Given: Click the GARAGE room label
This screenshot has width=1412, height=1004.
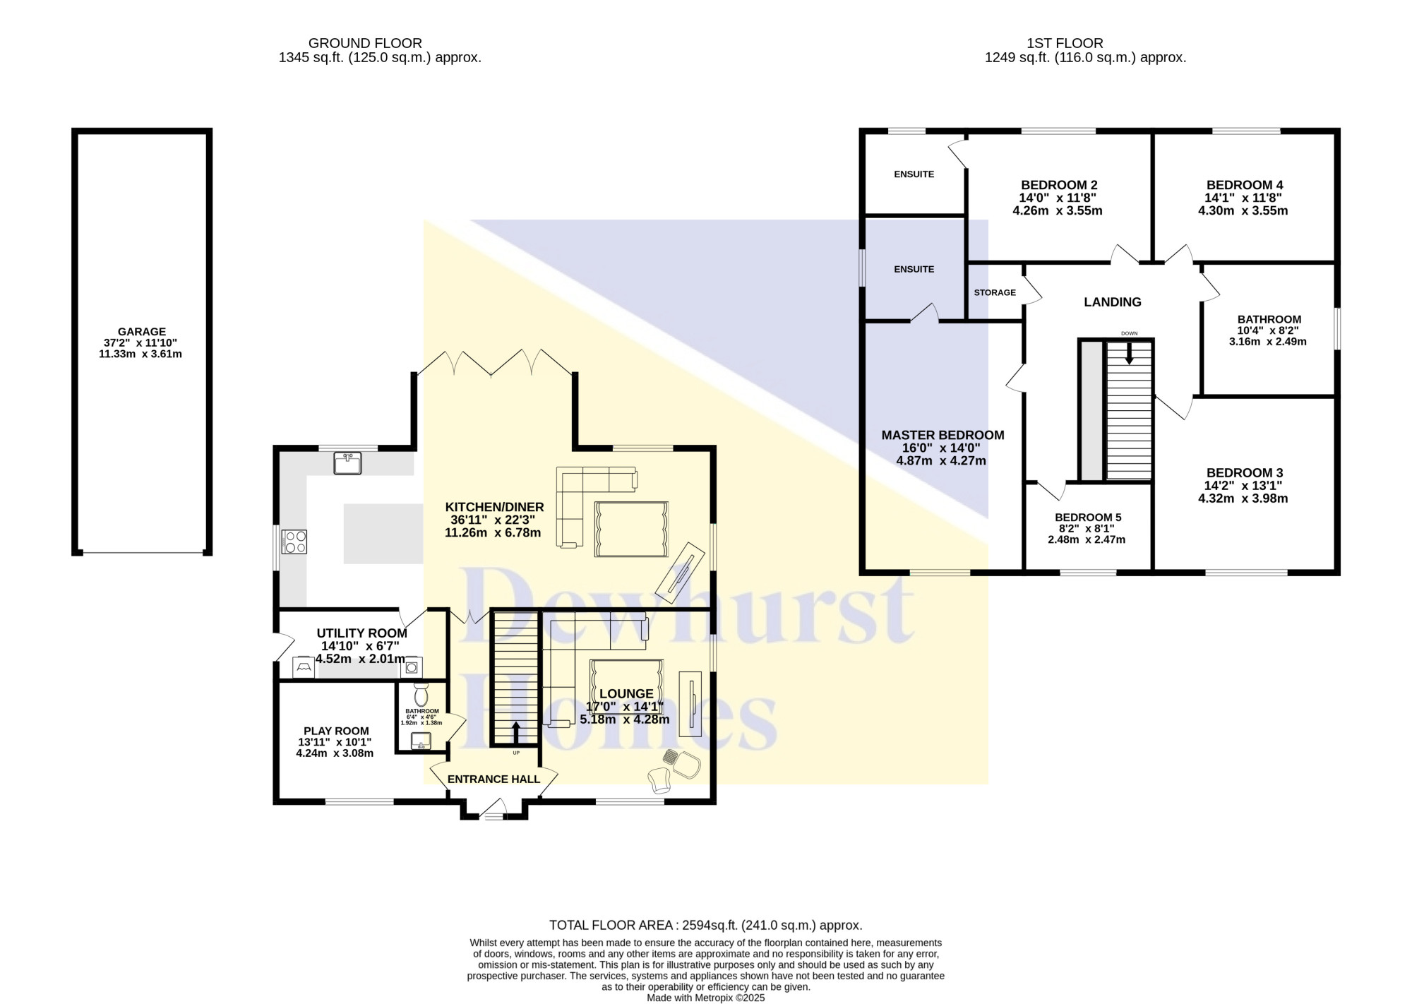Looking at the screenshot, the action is pos(142,331).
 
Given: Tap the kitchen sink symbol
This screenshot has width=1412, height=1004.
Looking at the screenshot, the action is pos(347,463).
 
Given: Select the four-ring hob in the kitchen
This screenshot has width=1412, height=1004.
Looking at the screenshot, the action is pos(295,542).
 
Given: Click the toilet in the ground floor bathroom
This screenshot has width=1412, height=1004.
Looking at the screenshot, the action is pos(421,693).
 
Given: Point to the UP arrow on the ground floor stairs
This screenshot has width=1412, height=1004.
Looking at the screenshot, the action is pos(515,733).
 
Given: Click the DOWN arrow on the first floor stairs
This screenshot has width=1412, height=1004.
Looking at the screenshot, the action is pos(1129,353).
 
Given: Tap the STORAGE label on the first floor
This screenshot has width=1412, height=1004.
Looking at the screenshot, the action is pos(995,292).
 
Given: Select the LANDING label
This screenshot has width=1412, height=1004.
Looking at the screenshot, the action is pos(1113,302).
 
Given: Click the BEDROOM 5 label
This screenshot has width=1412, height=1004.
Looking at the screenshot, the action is pos(1088,517).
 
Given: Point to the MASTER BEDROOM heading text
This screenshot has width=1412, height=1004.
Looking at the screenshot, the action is pos(943,435).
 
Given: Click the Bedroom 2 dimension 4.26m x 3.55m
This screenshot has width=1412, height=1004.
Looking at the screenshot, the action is pos(1058,210).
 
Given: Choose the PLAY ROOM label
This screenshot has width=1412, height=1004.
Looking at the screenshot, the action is pos(336,731).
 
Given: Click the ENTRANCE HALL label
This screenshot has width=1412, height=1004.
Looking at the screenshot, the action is pos(493,779).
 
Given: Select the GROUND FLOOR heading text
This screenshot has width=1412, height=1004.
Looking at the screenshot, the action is pos(365,43).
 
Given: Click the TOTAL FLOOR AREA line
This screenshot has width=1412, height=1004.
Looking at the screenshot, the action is pos(706,925).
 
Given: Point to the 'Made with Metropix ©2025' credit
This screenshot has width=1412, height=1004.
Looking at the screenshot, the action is pos(706,998).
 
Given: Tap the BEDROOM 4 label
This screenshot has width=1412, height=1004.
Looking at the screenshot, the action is pos(1244,185).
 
